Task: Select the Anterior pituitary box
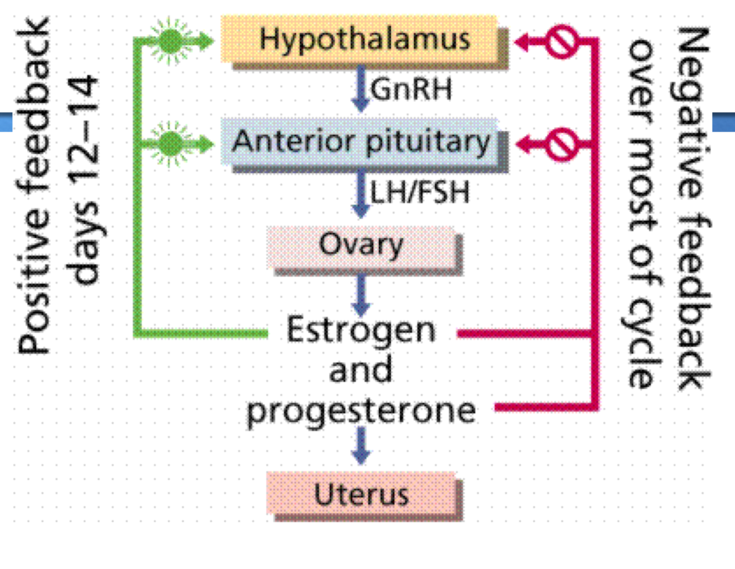(360, 142)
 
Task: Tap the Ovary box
(361, 245)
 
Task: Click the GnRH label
(411, 89)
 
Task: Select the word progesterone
(361, 411)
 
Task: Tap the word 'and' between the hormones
(361, 370)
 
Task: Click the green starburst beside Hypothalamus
(170, 40)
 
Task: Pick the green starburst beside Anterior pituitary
(170, 144)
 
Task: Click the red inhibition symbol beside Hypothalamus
(561, 41)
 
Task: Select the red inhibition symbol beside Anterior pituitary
(561, 144)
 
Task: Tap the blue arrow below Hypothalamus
(360, 88)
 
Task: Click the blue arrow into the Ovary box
(360, 194)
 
